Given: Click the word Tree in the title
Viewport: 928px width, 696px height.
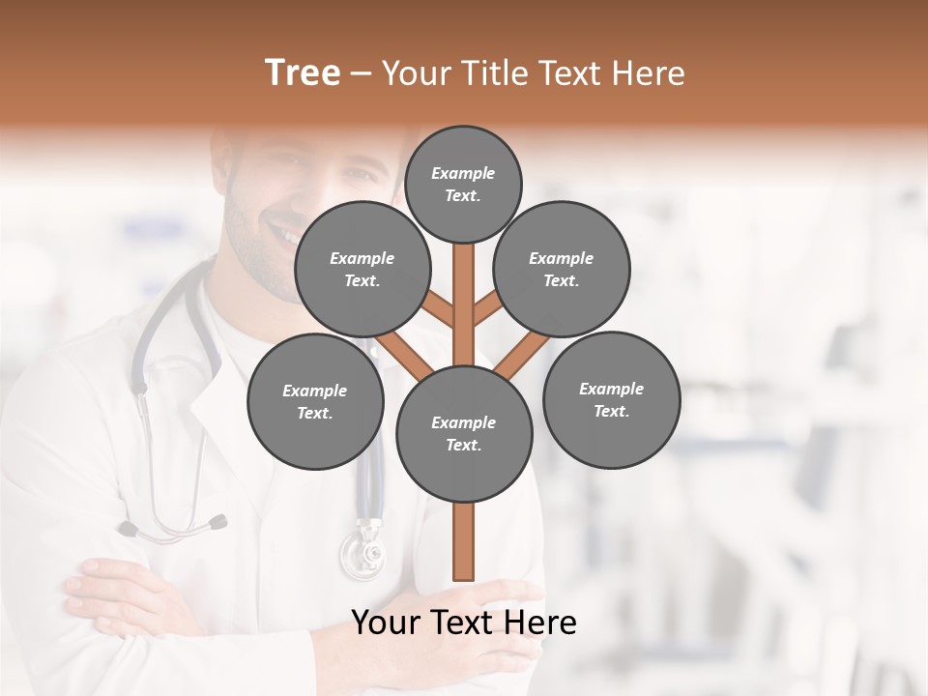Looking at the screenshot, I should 303,72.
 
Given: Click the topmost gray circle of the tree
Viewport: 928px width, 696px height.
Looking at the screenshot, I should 463,184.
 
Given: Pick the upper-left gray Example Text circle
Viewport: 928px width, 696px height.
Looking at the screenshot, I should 362,270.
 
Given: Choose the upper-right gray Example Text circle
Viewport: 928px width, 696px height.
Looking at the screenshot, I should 562,270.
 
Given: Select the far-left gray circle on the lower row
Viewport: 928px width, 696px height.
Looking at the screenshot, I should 315,401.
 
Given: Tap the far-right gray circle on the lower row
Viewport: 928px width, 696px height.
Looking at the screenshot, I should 611,399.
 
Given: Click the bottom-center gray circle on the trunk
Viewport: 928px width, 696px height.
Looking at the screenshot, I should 464,433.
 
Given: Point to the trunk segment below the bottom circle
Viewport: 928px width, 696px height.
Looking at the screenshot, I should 464,541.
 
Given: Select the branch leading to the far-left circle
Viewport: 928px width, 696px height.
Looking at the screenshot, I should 403,353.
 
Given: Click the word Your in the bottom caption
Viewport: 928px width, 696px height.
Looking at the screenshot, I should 386,623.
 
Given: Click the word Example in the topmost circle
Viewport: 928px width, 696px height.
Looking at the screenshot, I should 463,173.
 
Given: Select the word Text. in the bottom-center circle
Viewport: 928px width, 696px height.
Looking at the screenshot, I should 463,445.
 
